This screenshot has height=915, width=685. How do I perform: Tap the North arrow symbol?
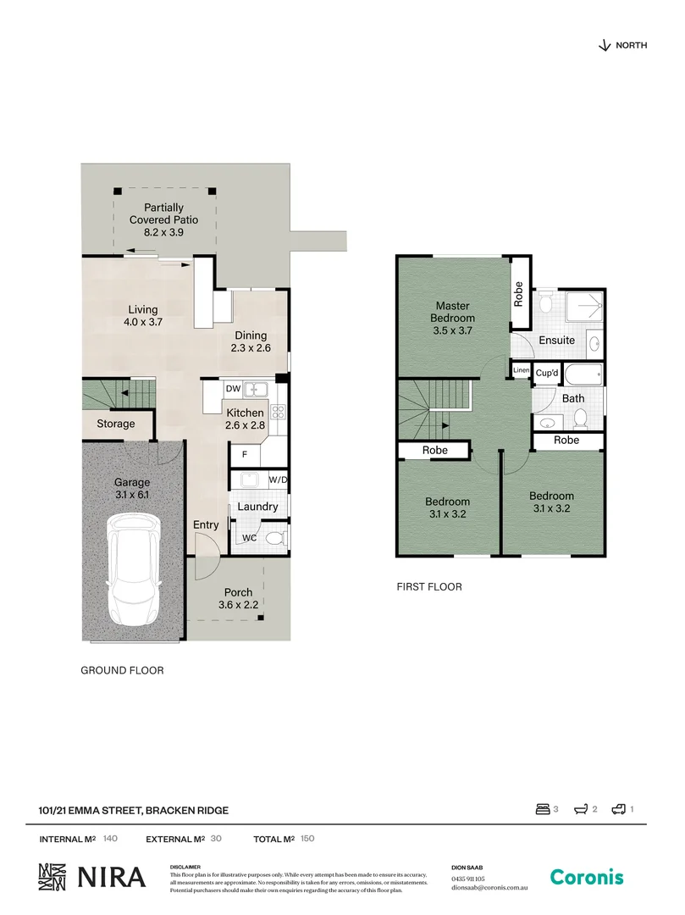pyautogui.click(x=604, y=46)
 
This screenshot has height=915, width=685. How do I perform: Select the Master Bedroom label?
pyautogui.click(x=452, y=312)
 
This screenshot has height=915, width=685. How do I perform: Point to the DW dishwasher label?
pyautogui.click(x=233, y=389)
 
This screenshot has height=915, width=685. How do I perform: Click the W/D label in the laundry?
pyautogui.click(x=278, y=480)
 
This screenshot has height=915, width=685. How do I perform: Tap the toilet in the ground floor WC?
pyautogui.click(x=273, y=538)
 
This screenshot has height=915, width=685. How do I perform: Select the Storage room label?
pyautogui.click(x=116, y=424)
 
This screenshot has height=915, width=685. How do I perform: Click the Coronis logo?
pyautogui.click(x=587, y=878)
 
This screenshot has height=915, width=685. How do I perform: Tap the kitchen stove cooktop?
pyautogui.click(x=277, y=415)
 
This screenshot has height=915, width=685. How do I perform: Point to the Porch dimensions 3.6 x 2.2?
pyautogui.click(x=238, y=604)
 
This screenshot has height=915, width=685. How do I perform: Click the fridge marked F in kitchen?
pyautogui.click(x=245, y=454)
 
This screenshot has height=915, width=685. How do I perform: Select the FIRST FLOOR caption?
pyautogui.click(x=429, y=586)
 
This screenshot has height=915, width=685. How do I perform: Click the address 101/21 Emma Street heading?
pyautogui.click(x=134, y=810)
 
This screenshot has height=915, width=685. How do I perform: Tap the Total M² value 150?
pyautogui.click(x=307, y=839)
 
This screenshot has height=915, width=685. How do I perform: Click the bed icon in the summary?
pyautogui.click(x=543, y=810)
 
